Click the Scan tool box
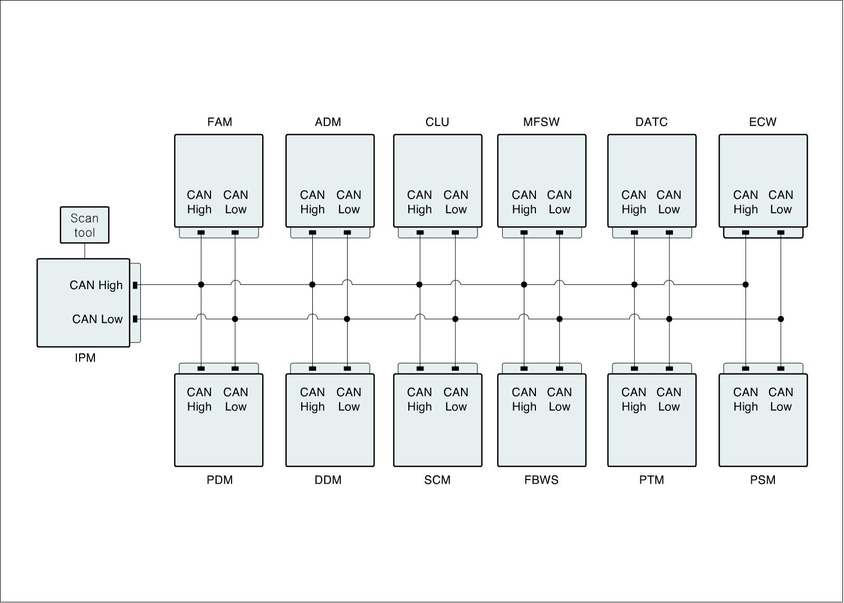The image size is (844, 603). click(84, 225)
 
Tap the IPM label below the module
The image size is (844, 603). click(85, 358)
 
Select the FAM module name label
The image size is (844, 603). click(219, 122)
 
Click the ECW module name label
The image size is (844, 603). click(762, 122)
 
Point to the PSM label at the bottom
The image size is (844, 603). click(762, 480)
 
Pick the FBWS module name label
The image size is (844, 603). click(541, 480)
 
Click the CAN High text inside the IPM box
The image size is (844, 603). click(96, 285)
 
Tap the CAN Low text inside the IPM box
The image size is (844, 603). click(97, 319)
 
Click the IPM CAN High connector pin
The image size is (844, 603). click(135, 285)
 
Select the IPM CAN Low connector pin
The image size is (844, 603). click(135, 319)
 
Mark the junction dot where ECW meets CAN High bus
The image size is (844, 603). click(745, 285)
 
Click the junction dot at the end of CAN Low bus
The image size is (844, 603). click(781, 319)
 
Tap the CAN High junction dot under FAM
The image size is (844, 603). click(201, 285)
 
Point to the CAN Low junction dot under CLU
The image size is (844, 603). click(455, 319)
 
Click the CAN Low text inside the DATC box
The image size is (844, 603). click(669, 202)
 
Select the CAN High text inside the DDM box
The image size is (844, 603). click(312, 399)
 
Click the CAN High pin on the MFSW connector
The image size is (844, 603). click(524, 233)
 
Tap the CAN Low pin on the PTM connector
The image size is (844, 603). click(669, 368)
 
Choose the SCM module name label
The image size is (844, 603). click(437, 480)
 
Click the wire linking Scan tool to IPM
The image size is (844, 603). click(84, 251)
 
